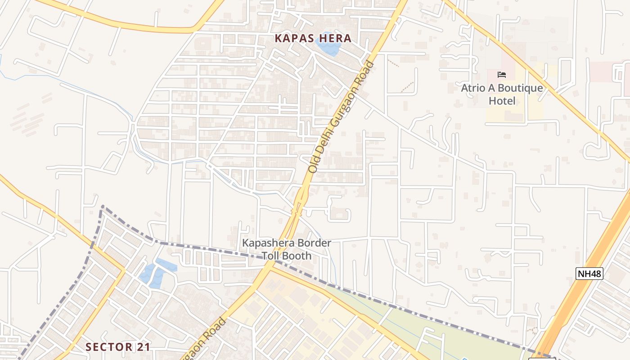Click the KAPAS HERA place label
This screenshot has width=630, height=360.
point(313,38)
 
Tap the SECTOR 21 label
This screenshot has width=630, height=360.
point(118,347)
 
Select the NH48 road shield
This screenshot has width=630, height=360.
point(589,273)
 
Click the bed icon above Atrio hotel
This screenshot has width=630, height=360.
point(502,75)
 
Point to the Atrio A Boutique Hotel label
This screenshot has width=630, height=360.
point(502,94)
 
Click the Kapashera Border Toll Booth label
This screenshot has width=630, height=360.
point(287,249)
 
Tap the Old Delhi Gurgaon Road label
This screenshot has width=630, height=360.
point(341,117)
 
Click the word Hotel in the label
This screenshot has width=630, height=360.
point(502,101)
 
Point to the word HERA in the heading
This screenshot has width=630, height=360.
point(335,38)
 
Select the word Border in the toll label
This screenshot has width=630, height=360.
point(314,243)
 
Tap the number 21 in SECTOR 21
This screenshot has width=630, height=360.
point(144,347)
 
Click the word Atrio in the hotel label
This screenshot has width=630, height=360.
point(473,88)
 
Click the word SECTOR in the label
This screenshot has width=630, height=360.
point(109,347)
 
